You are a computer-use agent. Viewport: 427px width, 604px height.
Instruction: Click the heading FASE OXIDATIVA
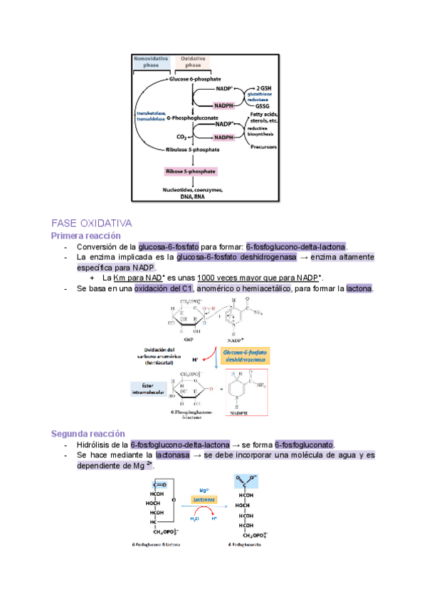coord(92,223)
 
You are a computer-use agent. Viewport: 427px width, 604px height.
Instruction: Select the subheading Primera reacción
coord(85,235)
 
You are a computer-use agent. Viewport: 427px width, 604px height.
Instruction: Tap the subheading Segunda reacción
coord(88,433)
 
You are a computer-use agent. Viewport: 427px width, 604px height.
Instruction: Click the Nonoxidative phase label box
coord(151,62)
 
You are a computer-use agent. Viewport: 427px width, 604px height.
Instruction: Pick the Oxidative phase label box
coord(194,62)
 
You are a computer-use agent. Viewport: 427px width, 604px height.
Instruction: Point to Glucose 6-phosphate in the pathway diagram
coord(195,79)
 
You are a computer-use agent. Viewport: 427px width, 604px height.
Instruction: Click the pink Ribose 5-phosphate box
coord(190,172)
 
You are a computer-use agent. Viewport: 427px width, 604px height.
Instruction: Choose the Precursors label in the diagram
coord(263,147)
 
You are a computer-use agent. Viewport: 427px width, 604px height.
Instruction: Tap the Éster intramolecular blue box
coord(148,388)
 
